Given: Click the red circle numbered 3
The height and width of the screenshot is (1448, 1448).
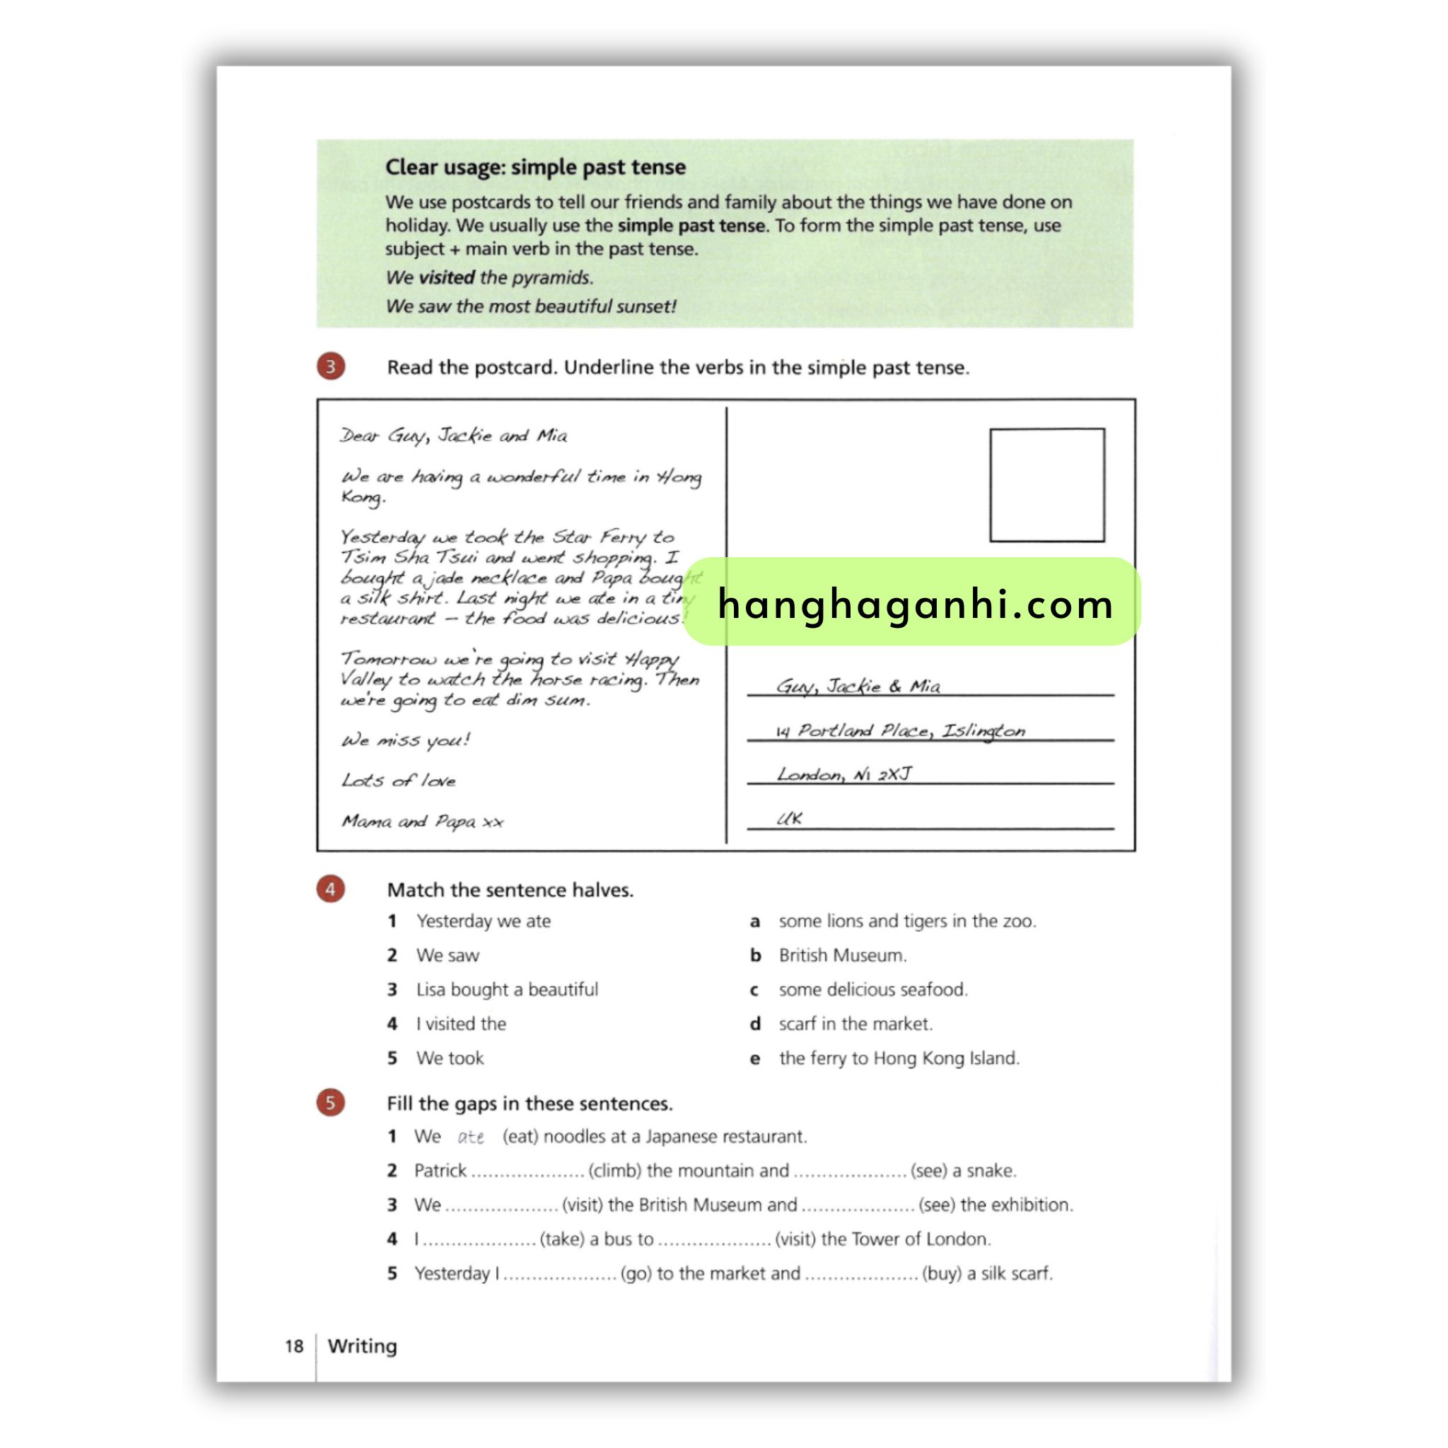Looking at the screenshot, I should (330, 366).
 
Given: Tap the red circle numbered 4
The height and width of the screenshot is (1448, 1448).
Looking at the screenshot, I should (330, 889).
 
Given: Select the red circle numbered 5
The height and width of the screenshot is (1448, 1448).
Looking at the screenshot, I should (330, 1102).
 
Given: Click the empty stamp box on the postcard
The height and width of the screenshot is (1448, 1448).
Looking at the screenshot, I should (1046, 485).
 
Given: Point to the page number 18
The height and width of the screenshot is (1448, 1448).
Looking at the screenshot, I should (294, 1346).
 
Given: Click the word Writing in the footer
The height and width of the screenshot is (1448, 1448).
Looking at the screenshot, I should (362, 1345).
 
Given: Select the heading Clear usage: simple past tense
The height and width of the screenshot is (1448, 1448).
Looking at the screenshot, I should (535, 167).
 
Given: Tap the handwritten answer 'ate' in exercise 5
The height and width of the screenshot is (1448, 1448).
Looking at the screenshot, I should (471, 1137).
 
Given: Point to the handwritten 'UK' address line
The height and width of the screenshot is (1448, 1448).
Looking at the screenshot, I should (789, 819).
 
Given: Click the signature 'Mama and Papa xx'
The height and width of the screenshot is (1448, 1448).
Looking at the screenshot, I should (422, 822).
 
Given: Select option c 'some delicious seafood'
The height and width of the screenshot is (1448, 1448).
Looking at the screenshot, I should (872, 989).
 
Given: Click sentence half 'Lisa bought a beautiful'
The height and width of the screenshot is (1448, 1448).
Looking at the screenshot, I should (507, 989).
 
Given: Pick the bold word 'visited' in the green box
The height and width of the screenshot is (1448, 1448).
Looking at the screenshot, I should (446, 277).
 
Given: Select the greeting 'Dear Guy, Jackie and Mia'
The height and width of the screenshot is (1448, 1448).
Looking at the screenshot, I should (453, 436).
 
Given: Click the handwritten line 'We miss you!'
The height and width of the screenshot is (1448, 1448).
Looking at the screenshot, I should (405, 740).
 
